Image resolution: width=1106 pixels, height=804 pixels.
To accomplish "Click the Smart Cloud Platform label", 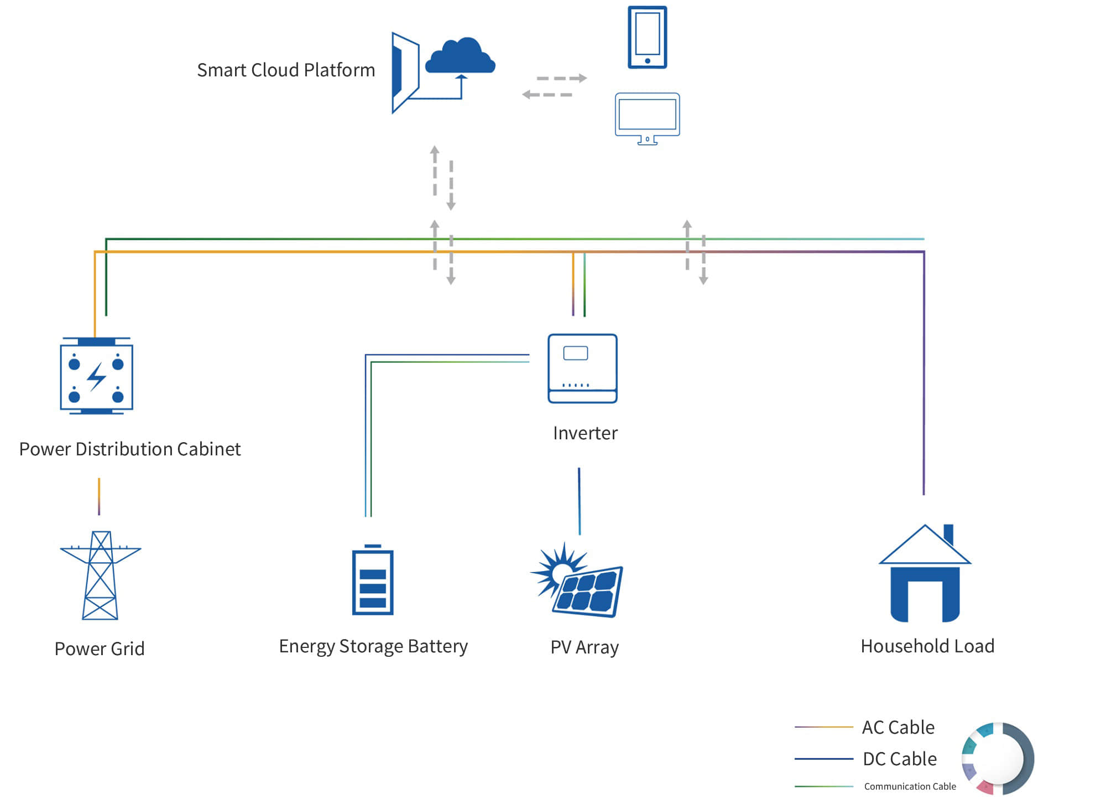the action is pyautogui.click(x=286, y=70).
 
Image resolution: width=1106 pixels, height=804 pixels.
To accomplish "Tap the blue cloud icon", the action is pyautogui.click(x=460, y=55).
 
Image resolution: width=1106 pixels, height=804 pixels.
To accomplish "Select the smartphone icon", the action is pyautogui.click(x=648, y=37).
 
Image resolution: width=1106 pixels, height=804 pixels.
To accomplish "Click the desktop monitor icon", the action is pyautogui.click(x=648, y=118).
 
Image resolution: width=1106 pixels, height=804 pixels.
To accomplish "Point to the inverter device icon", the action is pyautogui.click(x=582, y=368).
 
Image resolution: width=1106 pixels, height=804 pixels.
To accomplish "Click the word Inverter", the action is pyautogui.click(x=585, y=433).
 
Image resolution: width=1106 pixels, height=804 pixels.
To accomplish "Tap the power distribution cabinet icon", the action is pyautogui.click(x=97, y=376).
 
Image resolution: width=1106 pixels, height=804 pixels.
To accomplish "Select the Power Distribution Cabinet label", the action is pyautogui.click(x=130, y=449).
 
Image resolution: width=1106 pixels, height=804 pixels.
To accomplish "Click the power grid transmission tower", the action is pyautogui.click(x=100, y=575).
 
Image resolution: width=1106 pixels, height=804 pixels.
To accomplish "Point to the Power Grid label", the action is pyautogui.click(x=100, y=649).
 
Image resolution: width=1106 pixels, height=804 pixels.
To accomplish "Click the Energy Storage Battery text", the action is pyautogui.click(x=373, y=646).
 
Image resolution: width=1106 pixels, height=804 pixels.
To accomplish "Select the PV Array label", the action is pyautogui.click(x=585, y=647).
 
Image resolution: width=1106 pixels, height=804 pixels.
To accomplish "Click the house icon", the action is pyautogui.click(x=925, y=573).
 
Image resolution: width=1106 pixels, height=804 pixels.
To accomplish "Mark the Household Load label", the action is pyautogui.click(x=927, y=646).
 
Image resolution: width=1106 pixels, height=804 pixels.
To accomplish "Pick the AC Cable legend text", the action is pyautogui.click(x=898, y=727).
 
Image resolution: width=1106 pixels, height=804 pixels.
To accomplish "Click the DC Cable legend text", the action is pyautogui.click(x=900, y=759).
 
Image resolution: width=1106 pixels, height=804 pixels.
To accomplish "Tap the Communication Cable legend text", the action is pyautogui.click(x=910, y=786).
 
